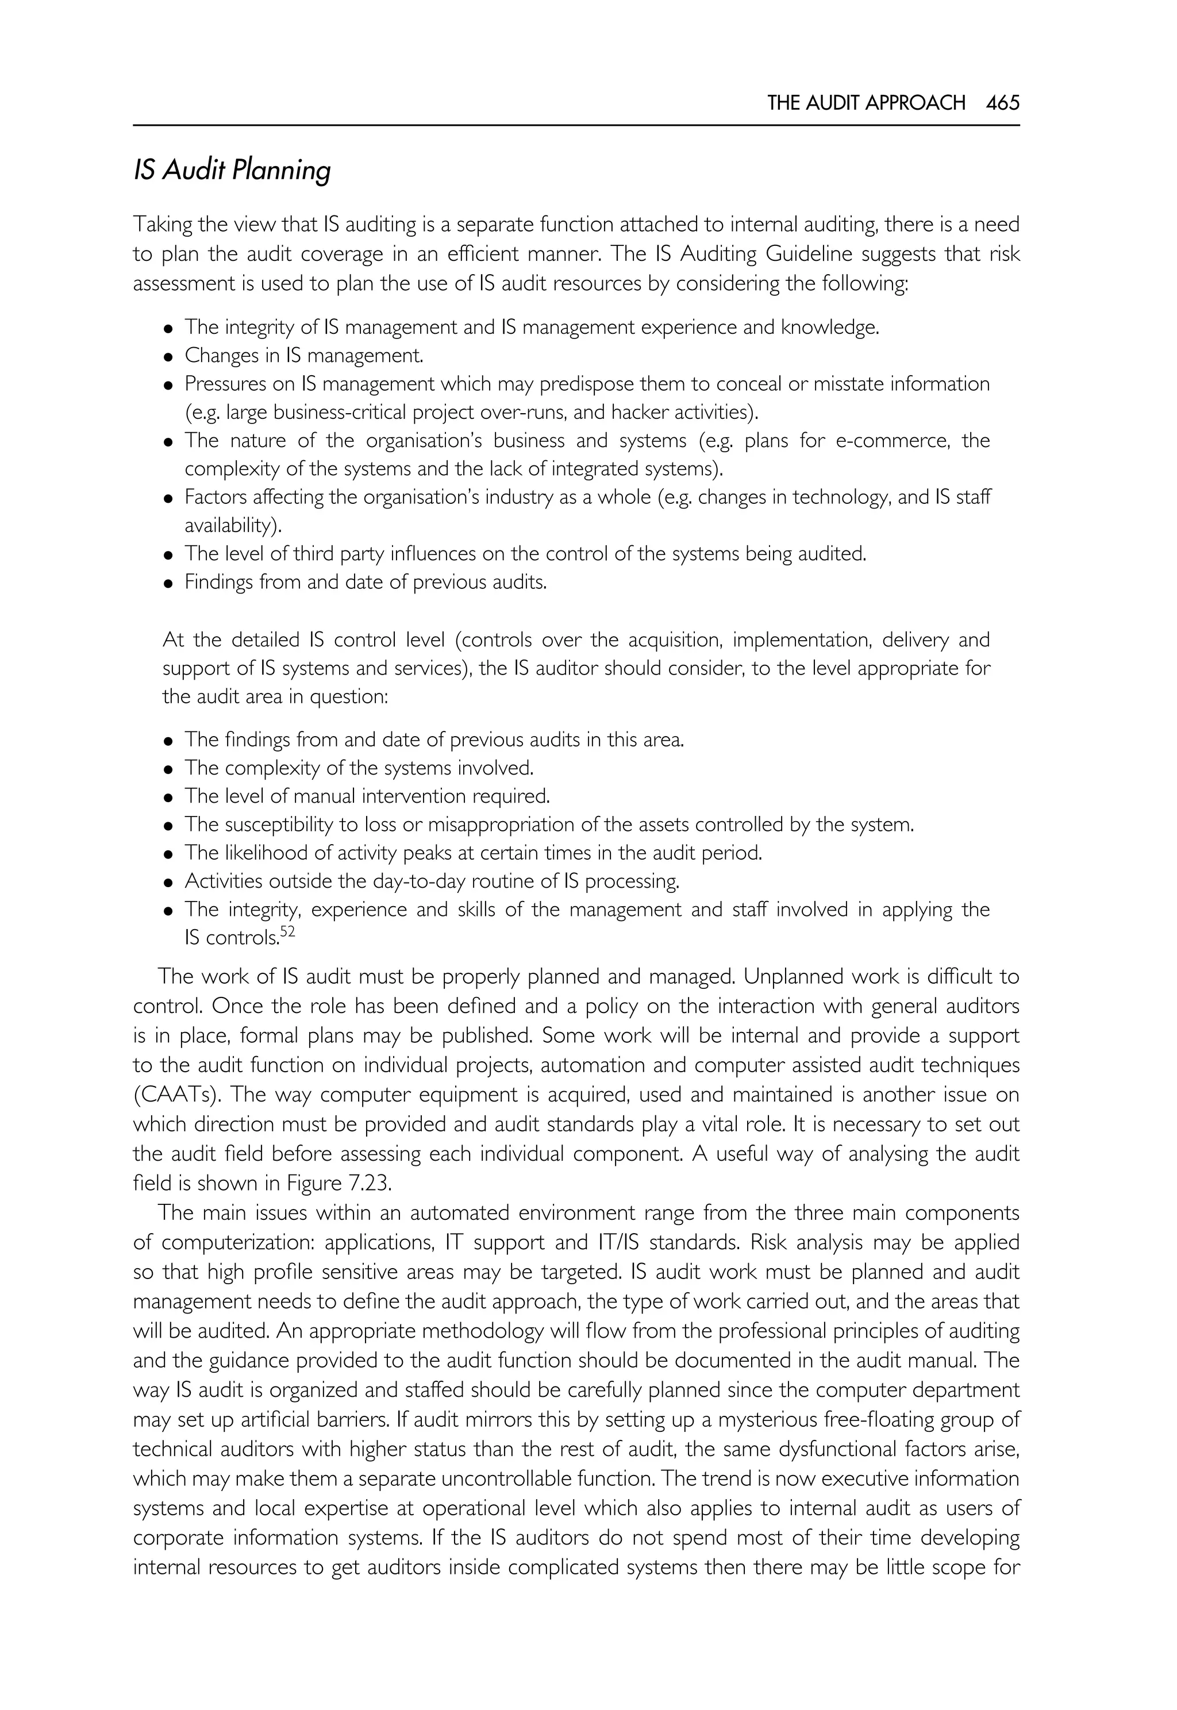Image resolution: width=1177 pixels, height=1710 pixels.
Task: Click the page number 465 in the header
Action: (1002, 102)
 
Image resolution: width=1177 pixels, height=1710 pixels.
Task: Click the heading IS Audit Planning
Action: (232, 170)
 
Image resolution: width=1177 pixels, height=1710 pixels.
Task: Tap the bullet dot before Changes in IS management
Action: (169, 357)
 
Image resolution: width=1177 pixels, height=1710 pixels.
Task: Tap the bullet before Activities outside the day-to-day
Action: (169, 883)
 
